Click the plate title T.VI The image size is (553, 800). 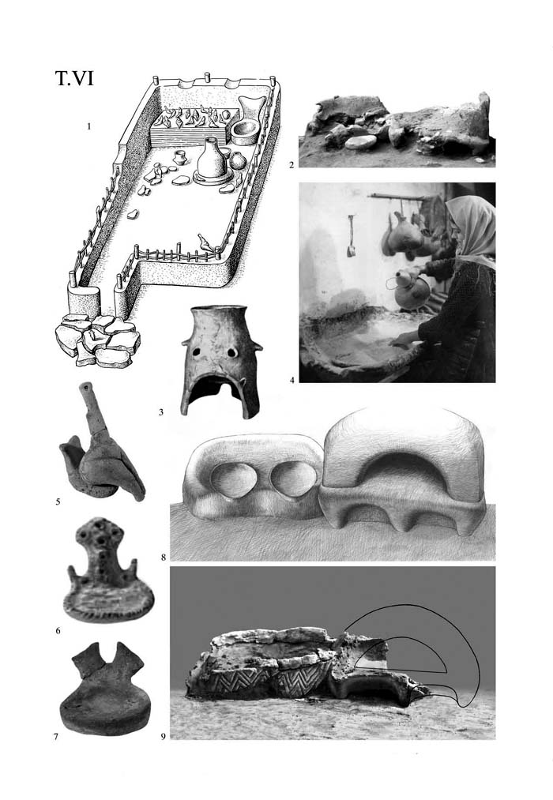[x=74, y=78]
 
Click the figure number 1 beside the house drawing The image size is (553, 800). [x=88, y=126]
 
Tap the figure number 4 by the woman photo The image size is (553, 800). [x=292, y=380]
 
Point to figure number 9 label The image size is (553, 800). [x=164, y=736]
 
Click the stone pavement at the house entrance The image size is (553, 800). [x=97, y=340]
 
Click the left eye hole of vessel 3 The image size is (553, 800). [x=197, y=351]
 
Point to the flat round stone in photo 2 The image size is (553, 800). [x=361, y=142]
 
